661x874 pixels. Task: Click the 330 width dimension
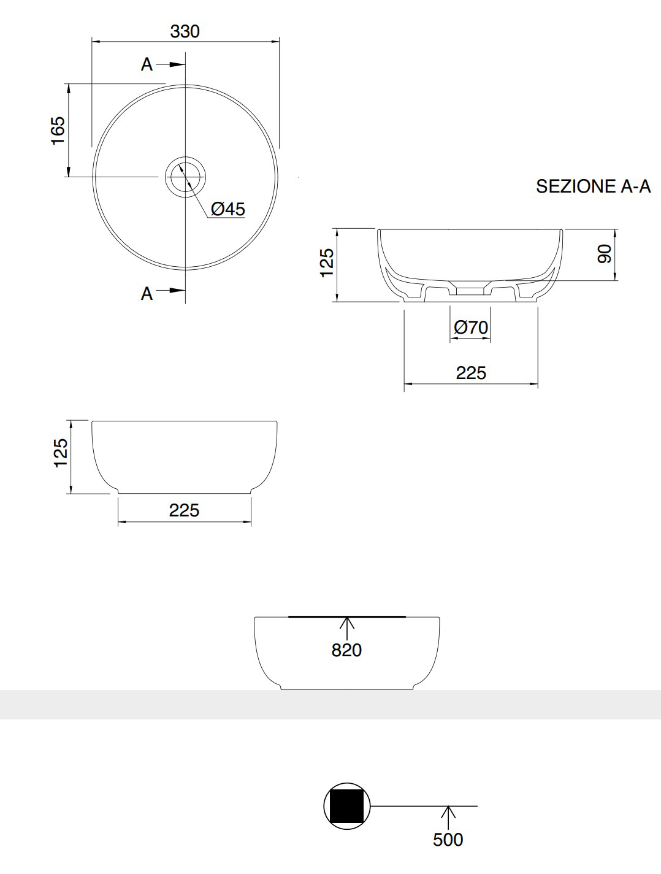pos(185,31)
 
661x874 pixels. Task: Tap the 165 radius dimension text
pos(58,130)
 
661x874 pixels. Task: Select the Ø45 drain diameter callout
pos(228,209)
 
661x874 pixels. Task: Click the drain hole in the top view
pos(185,177)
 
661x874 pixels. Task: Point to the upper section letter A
pos(147,64)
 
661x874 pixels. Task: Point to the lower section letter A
pos(147,294)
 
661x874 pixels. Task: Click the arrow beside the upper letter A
pos(170,64)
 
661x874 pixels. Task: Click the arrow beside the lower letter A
pos(170,290)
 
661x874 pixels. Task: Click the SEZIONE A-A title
pos(594,186)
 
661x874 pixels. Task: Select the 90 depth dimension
pos(604,254)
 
